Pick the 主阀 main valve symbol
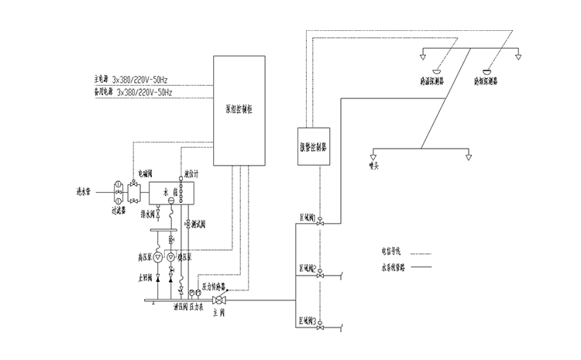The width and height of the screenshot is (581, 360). (x=218, y=300)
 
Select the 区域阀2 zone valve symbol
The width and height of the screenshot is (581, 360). (x=319, y=273)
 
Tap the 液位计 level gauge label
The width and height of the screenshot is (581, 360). (x=193, y=174)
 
